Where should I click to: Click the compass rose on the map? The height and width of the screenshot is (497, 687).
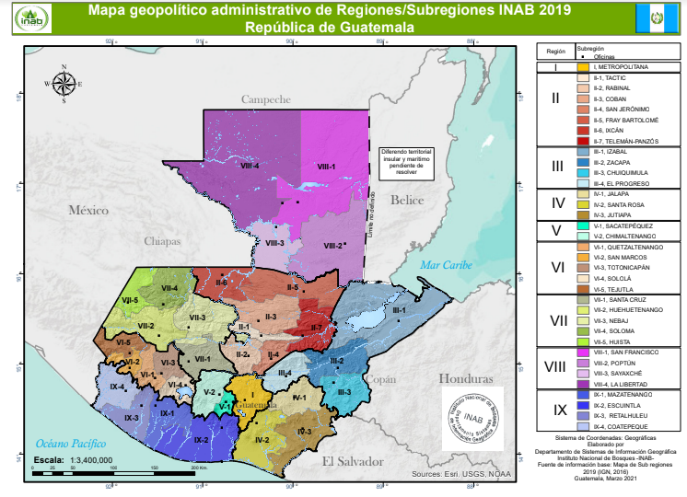[64, 84]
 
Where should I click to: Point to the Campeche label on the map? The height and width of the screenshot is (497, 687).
[266, 98]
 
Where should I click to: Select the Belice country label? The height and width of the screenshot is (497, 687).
[405, 200]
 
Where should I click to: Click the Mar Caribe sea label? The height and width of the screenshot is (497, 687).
[445, 264]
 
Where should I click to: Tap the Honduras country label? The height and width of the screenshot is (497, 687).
[460, 378]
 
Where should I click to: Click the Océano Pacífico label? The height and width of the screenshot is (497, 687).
[65, 444]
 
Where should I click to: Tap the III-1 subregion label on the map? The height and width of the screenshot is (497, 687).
[400, 310]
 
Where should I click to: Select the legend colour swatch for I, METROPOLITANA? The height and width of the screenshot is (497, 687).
[583, 67]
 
